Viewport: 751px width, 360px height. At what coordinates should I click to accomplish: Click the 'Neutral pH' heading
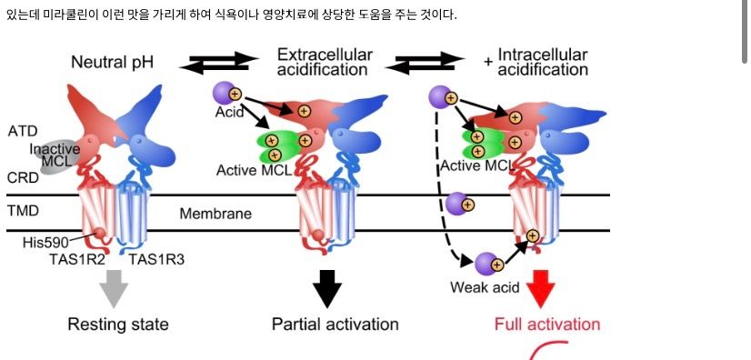pyautogui.click(x=112, y=62)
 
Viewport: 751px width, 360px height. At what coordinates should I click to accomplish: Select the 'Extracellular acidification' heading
pyautogui.click(x=325, y=62)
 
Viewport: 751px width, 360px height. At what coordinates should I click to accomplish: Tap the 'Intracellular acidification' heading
pyautogui.click(x=542, y=62)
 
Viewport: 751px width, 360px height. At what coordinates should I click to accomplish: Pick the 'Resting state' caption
pyautogui.click(x=118, y=325)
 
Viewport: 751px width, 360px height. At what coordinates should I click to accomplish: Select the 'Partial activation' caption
pyautogui.click(x=335, y=325)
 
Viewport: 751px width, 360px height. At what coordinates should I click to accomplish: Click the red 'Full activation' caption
pyautogui.click(x=547, y=325)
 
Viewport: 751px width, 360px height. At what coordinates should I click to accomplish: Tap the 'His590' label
pyautogui.click(x=45, y=243)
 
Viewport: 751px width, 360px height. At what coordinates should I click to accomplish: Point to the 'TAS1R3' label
pyautogui.click(x=156, y=259)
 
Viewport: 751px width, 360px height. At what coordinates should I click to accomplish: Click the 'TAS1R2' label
pyautogui.click(x=76, y=259)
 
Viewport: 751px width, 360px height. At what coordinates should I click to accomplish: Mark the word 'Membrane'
pyautogui.click(x=215, y=214)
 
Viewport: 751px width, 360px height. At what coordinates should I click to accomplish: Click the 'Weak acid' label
pyautogui.click(x=485, y=287)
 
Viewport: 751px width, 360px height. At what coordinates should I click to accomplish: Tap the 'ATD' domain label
pyautogui.click(x=23, y=131)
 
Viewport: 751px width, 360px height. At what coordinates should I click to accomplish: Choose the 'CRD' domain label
pyautogui.click(x=23, y=178)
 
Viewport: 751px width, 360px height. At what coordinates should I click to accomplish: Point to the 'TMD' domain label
pyautogui.click(x=23, y=211)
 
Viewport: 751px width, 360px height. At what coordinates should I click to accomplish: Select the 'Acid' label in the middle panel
pyautogui.click(x=229, y=112)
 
